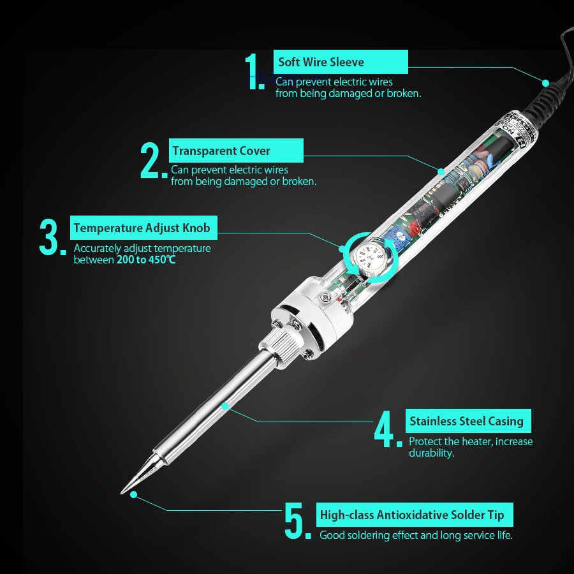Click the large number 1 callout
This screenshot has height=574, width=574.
[x=254, y=71]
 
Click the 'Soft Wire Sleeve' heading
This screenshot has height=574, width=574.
[x=321, y=62]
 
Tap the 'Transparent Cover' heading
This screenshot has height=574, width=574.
[x=221, y=151]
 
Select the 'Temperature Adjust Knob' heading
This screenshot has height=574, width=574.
[x=142, y=228]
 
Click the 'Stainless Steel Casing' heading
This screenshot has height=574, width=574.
[x=466, y=421]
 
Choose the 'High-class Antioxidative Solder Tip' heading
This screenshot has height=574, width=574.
[x=412, y=515]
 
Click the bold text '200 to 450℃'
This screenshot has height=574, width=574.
[x=146, y=260]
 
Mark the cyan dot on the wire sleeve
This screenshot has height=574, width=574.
[x=545, y=83]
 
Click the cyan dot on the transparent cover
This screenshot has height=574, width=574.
[x=441, y=172]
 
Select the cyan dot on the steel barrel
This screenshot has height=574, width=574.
[x=226, y=406]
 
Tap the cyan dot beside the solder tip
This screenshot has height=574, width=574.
[x=134, y=495]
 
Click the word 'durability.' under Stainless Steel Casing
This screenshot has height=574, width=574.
[x=432, y=453]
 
